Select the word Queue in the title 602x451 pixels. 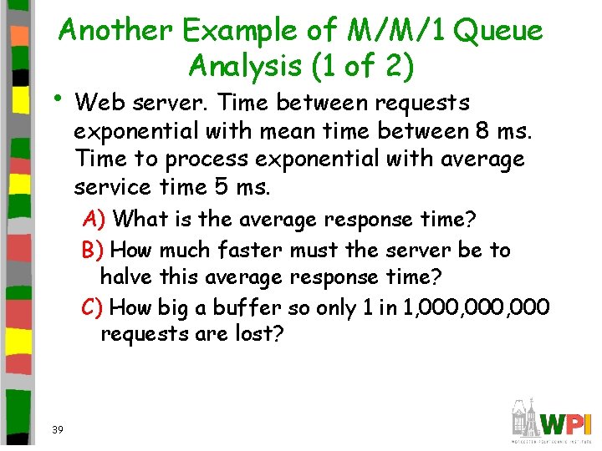click(x=500, y=31)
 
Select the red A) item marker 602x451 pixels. click(x=94, y=220)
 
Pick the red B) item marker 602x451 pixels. click(x=93, y=250)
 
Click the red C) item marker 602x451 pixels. click(x=93, y=307)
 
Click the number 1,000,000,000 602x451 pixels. click(x=476, y=307)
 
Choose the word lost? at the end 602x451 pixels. click(x=262, y=335)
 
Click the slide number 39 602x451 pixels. click(x=57, y=429)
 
